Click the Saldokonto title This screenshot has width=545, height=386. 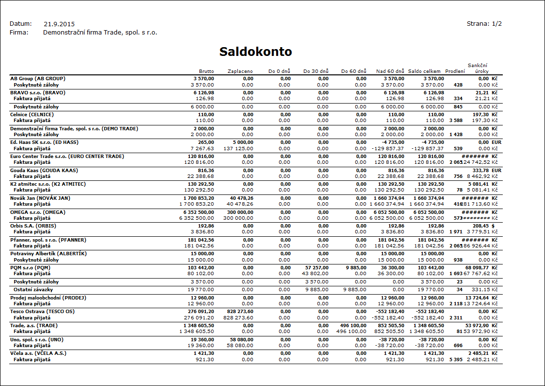pyautogui.click(x=256, y=52)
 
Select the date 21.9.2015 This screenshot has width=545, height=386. pyautogui.click(x=59, y=24)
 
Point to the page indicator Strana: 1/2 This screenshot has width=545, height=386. pyautogui.click(x=484, y=24)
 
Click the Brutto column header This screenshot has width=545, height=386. pyautogui.click(x=206, y=71)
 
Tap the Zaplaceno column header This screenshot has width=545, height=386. pyautogui.click(x=240, y=71)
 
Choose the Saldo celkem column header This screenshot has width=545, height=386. pyautogui.click(x=425, y=71)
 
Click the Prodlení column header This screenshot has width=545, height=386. pyautogui.click(x=455, y=71)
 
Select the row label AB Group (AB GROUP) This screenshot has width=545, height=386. pyautogui.click(x=38, y=78)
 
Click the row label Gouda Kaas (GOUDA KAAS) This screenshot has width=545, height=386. pyautogui.click(x=44, y=171)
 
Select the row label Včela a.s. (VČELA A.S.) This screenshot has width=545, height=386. pyautogui.click(x=38, y=353)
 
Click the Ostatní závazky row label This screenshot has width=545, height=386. pyautogui.click(x=33, y=289)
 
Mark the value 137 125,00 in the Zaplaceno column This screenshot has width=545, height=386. pyautogui.click(x=238, y=148)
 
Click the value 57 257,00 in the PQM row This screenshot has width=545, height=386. pyautogui.click(x=317, y=268)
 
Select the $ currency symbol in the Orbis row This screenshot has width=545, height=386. pyautogui.click(x=493, y=226)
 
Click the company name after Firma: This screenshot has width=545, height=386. pyautogui.click(x=100, y=33)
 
